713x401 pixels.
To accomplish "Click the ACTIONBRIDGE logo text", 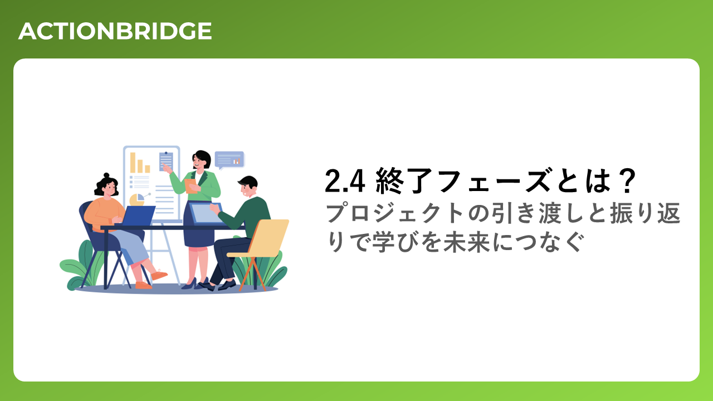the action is (115, 31).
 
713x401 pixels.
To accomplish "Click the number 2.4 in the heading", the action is (345, 181).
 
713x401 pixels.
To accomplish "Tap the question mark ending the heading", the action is (627, 181).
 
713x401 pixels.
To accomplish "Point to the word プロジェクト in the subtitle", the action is (395, 213).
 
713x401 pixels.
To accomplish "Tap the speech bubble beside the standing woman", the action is (229, 160).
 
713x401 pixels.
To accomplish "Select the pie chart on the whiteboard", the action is (137, 200).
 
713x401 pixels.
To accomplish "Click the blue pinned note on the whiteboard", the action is (166, 161).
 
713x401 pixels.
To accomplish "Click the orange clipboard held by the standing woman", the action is (191, 186).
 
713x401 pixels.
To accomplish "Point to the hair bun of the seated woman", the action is (106, 175).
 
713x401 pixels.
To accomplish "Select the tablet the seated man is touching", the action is (206, 213).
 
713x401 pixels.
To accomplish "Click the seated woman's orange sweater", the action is (104, 214).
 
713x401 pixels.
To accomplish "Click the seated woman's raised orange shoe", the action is (159, 275).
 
